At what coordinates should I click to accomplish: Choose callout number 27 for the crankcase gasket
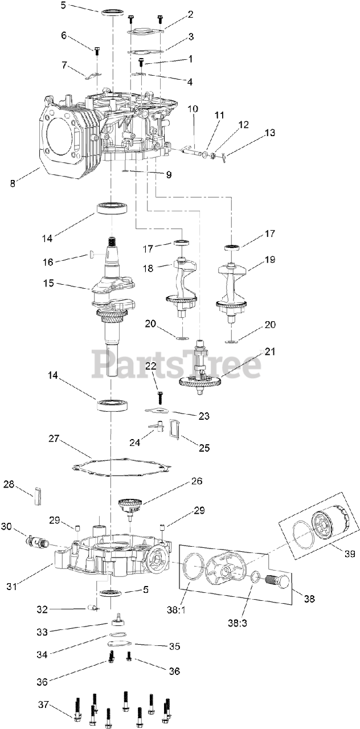tap(54, 439)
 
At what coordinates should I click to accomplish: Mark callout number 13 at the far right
tap(269, 133)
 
